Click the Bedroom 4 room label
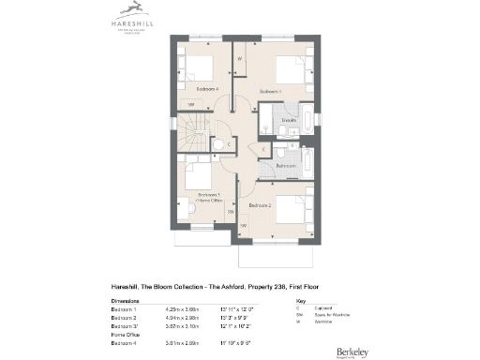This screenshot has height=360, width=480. (207, 88)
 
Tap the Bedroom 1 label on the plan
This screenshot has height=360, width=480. (270, 91)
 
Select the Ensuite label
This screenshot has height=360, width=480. (289, 120)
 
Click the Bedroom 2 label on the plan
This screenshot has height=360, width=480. (260, 203)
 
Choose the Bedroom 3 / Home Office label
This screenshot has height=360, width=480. (208, 197)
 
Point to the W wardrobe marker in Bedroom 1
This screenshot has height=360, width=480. (240, 59)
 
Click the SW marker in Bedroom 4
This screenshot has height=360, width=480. (191, 104)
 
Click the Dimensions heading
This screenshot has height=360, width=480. (127, 300)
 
